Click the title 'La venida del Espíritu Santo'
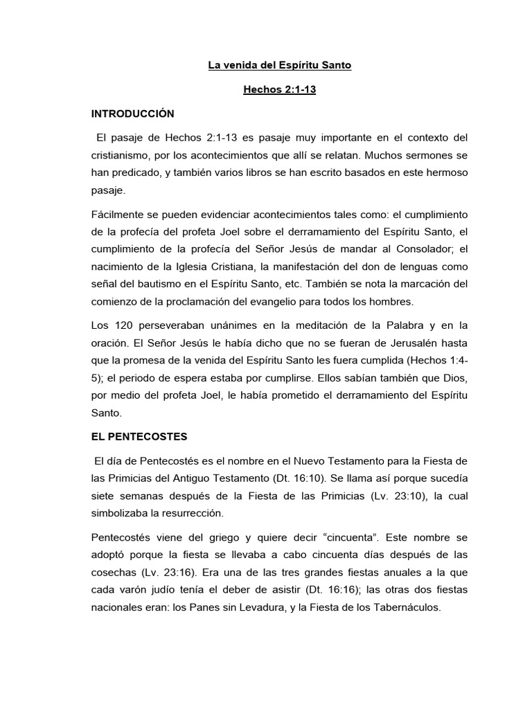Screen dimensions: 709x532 pyautogui.click(x=280, y=66)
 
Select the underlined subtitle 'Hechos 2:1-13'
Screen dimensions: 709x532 pyautogui.click(x=279, y=90)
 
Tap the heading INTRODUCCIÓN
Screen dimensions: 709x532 pyautogui.click(x=133, y=113)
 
